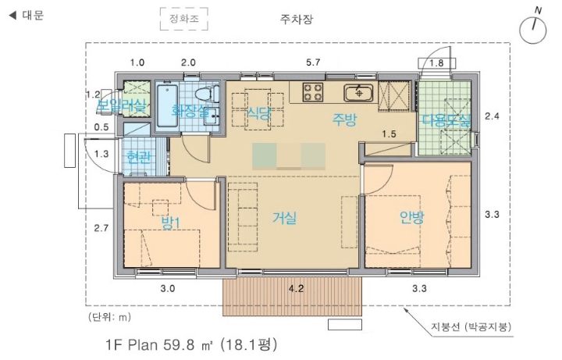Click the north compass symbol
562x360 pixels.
533,29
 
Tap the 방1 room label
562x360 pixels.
170,223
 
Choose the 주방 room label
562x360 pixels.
344,119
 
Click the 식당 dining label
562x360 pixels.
258,113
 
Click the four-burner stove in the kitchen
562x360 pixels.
314,92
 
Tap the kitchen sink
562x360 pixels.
359,92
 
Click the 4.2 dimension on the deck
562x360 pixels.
296,289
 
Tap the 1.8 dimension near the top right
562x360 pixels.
436,63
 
